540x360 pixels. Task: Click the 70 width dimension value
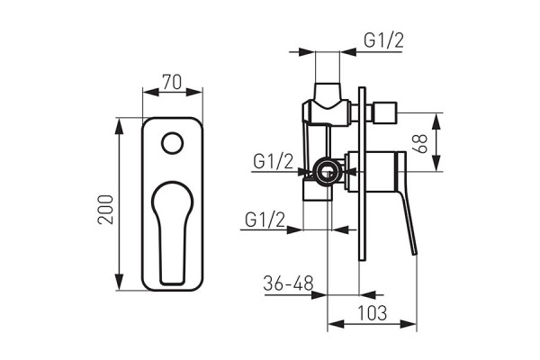pyautogui.click(x=173, y=82)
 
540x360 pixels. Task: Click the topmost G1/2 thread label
pyautogui.click(x=384, y=40)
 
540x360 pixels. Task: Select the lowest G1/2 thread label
pyautogui.click(x=265, y=219)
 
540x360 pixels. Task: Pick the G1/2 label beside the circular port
pyautogui.click(x=274, y=161)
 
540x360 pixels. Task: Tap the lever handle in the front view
pyautogui.click(x=172, y=229)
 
